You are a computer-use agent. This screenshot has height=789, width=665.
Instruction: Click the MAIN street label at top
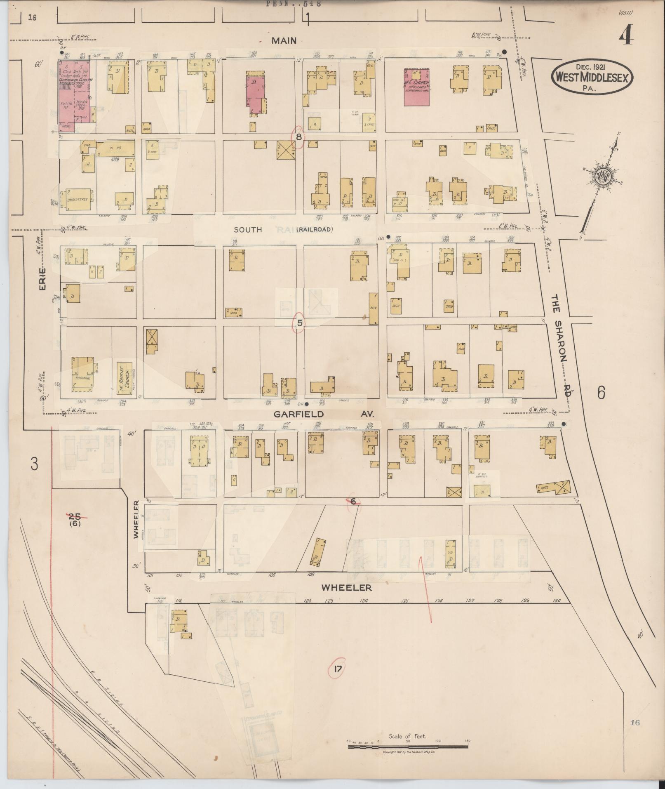tap(284, 40)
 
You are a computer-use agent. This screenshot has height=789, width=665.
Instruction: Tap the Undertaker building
tap(77, 200)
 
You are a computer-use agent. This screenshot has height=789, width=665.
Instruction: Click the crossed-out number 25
tap(75, 516)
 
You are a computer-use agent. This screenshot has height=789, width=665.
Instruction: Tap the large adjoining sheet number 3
tap(34, 464)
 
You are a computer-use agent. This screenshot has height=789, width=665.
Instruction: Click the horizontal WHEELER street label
tap(347, 587)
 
